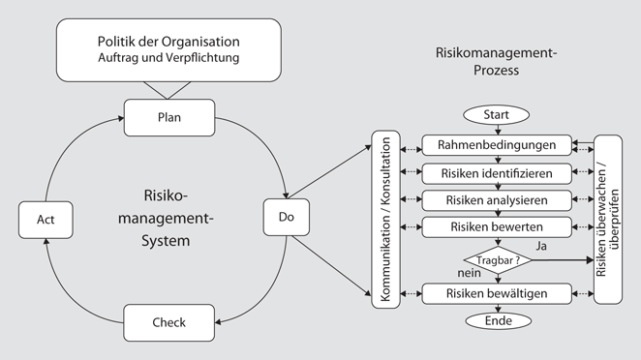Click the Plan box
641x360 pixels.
[168, 118]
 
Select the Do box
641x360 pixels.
[286, 217]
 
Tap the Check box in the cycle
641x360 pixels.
[168, 321]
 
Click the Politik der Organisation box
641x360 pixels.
[168, 50]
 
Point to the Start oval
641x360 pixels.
[496, 115]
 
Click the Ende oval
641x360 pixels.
[498, 320]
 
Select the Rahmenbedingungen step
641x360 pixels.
[497, 145]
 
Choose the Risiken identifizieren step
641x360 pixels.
[497, 172]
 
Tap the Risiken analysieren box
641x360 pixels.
[497, 199]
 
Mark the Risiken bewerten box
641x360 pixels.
[497, 226]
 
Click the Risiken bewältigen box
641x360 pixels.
[497, 292]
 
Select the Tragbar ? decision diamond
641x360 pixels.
[498, 259]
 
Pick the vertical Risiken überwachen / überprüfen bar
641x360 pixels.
[607, 221]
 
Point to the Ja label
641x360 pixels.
[541, 247]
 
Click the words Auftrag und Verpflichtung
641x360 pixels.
[168, 59]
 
